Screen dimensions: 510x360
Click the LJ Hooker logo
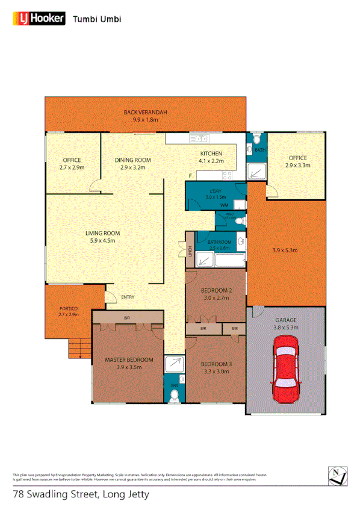pyautogui.click(x=39, y=19)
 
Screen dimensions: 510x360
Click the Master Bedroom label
pyautogui.click(x=129, y=359)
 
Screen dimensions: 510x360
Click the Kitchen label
pyautogui.click(x=211, y=154)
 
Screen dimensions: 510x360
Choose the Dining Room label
pyautogui.click(x=133, y=160)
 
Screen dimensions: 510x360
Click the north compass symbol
pyautogui.click(x=338, y=475)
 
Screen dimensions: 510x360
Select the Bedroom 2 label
pyautogui.click(x=215, y=290)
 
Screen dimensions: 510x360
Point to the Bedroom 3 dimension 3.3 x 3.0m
pyautogui.click(x=215, y=372)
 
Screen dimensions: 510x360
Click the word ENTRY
pyautogui.click(x=128, y=297)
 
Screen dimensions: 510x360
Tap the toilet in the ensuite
pyautogui.click(x=175, y=394)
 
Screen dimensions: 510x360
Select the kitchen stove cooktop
pyautogui.click(x=227, y=176)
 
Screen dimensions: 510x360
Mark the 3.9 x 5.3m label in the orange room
pyautogui.click(x=285, y=250)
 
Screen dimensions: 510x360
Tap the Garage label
pyautogui.click(x=286, y=320)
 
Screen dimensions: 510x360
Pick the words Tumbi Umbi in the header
pyautogui.click(x=96, y=19)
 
